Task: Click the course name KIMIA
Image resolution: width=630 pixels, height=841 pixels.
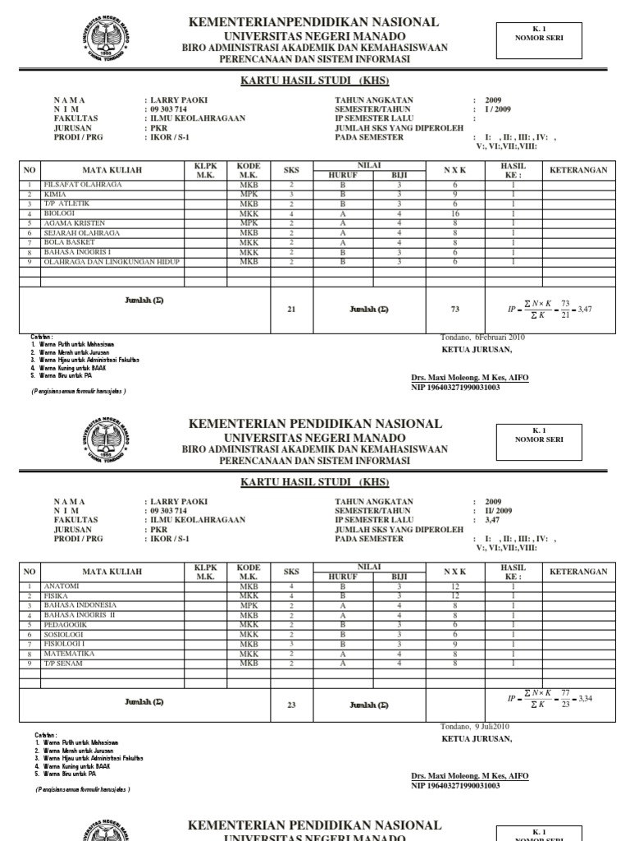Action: click(x=55, y=195)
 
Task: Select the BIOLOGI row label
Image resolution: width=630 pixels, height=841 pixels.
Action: click(x=59, y=213)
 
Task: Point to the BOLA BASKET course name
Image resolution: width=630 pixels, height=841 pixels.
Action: click(x=69, y=242)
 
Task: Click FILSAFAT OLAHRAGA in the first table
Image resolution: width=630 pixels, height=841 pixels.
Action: click(x=80, y=186)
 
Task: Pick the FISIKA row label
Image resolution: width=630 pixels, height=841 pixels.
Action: click(x=57, y=595)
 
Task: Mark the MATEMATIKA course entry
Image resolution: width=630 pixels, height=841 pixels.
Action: click(x=69, y=654)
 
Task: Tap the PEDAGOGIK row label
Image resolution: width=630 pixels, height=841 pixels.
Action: click(x=65, y=624)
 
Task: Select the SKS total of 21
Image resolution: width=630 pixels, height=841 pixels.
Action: click(x=292, y=310)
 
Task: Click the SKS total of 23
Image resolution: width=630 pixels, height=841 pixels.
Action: click(x=292, y=705)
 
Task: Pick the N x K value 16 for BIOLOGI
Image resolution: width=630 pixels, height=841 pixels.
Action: click(x=454, y=213)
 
